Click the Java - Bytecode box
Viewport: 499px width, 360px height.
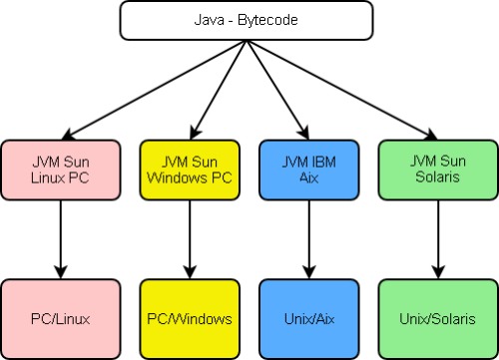248,19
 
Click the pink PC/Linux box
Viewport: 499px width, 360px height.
61,318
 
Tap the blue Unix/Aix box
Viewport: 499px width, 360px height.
308,318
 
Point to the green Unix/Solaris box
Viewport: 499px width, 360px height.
436,318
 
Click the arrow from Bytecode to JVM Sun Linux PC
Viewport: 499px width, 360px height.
150,88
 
